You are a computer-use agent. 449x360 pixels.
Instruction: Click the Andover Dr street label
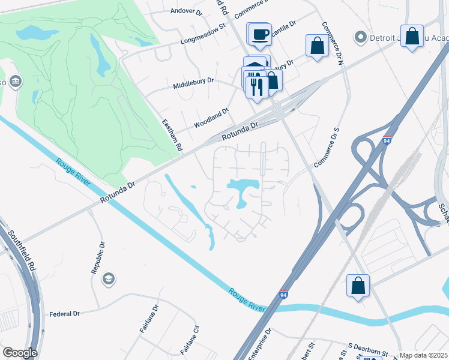184,11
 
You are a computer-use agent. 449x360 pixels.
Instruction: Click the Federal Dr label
65,314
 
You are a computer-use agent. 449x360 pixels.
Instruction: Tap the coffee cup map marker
259,34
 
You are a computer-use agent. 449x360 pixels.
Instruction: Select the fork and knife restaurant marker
257,86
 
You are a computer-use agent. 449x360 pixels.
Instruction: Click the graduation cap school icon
109,278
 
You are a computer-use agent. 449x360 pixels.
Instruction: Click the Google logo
20,353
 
